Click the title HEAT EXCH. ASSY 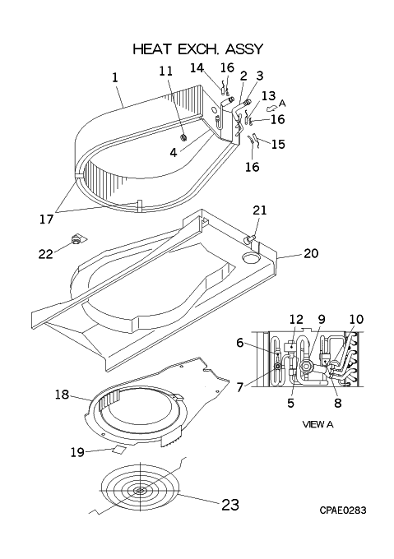point(198,49)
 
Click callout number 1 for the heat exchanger point(115,78)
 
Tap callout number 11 point(166,71)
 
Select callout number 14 point(197,67)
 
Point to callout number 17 point(46,219)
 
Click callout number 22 point(45,254)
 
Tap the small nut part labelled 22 point(76,240)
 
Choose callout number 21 point(260,210)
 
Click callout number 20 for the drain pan point(311,253)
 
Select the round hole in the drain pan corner point(250,257)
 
